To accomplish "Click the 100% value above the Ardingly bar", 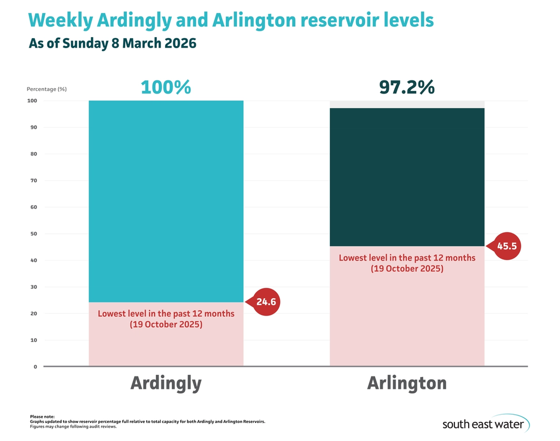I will tap(166, 87).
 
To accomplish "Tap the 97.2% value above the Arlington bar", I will tap(406, 87).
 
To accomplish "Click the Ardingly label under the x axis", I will tap(166, 383).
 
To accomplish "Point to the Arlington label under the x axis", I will tap(406, 383).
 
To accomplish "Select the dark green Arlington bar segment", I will tap(406, 175).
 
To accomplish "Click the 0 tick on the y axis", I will tap(34, 367).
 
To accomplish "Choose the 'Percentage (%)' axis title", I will tap(46, 89).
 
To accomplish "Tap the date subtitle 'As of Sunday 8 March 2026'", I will tap(112, 44).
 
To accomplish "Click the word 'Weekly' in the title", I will tap(60, 20).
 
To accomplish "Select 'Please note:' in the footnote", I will tap(42, 417).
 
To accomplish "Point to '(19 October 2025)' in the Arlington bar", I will tap(407, 269).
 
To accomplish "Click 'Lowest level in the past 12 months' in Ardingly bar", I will tap(166, 314).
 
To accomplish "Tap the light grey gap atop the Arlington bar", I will tap(406, 104).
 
